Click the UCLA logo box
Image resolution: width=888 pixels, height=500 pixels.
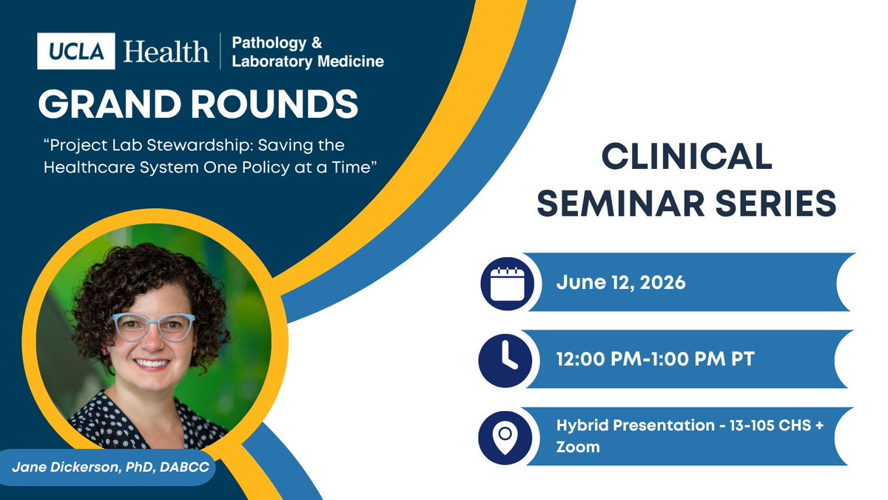76,51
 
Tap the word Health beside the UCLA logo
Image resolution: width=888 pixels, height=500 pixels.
166,52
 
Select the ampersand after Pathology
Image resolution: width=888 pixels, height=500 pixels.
317,42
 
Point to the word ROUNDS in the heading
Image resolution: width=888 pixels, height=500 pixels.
275,104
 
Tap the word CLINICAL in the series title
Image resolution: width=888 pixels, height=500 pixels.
687,156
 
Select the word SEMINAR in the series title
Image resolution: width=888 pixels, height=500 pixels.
620,203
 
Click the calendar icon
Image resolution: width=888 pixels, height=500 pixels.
508,284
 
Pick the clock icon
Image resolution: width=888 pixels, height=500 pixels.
505,361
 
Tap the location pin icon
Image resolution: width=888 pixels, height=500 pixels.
505,438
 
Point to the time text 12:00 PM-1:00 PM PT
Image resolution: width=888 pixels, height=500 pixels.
656,359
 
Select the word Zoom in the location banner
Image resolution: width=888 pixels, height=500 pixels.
578,447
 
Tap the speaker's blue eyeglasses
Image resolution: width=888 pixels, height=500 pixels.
154,327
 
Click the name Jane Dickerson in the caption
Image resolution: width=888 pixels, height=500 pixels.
65,467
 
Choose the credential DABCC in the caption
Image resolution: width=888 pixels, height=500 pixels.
184,467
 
